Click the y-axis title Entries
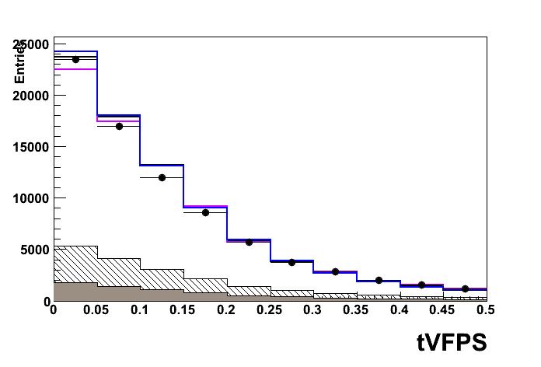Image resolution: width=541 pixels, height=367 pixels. [20, 61]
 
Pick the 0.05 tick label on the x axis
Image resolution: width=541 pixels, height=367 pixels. [96, 310]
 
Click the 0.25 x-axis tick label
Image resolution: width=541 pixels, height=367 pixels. [270, 310]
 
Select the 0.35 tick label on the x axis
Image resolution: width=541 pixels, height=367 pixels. [357, 310]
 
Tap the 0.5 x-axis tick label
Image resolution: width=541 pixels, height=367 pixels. [486, 310]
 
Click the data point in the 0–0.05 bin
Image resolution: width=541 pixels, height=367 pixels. [75, 59]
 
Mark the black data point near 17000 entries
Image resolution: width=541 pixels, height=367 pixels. [119, 126]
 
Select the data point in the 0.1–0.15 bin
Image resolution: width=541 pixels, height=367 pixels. [162, 177]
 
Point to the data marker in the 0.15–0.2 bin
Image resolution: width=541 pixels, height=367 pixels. [205, 212]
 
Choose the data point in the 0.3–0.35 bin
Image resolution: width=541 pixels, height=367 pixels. [335, 271]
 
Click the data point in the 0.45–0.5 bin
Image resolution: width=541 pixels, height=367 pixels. [465, 288]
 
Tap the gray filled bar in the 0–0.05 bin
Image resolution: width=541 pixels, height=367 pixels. [75, 292]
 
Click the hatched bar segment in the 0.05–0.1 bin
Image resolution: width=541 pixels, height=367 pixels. [119, 272]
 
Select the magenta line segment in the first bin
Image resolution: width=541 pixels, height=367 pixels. [75, 69]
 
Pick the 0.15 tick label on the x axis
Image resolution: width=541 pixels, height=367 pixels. [183, 310]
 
